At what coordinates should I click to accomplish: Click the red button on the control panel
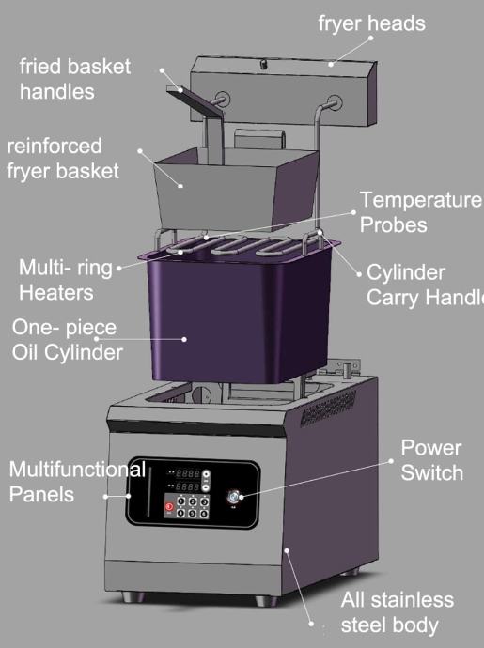point(169,507)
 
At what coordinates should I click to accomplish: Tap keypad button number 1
point(180,501)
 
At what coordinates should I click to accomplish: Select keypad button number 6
point(204,514)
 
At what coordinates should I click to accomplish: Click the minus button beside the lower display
point(206,486)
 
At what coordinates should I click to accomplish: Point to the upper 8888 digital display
point(187,473)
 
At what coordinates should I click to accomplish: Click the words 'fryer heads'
point(371,23)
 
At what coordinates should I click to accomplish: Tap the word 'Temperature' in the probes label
point(420,200)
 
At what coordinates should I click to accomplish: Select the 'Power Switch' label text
point(431,460)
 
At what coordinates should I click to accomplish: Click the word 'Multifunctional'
point(77,470)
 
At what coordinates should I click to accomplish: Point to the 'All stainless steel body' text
point(398,612)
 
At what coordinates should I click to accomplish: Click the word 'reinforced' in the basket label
point(55,146)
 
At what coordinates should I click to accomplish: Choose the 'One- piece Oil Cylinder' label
point(67,340)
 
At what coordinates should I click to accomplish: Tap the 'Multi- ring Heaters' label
point(66,280)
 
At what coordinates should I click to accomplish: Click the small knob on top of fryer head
point(263,64)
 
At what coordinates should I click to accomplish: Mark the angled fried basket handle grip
point(194,100)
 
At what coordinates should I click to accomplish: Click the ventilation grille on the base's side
point(328,408)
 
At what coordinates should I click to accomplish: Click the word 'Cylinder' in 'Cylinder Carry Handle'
point(405,272)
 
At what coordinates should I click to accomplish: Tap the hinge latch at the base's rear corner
point(348,368)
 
